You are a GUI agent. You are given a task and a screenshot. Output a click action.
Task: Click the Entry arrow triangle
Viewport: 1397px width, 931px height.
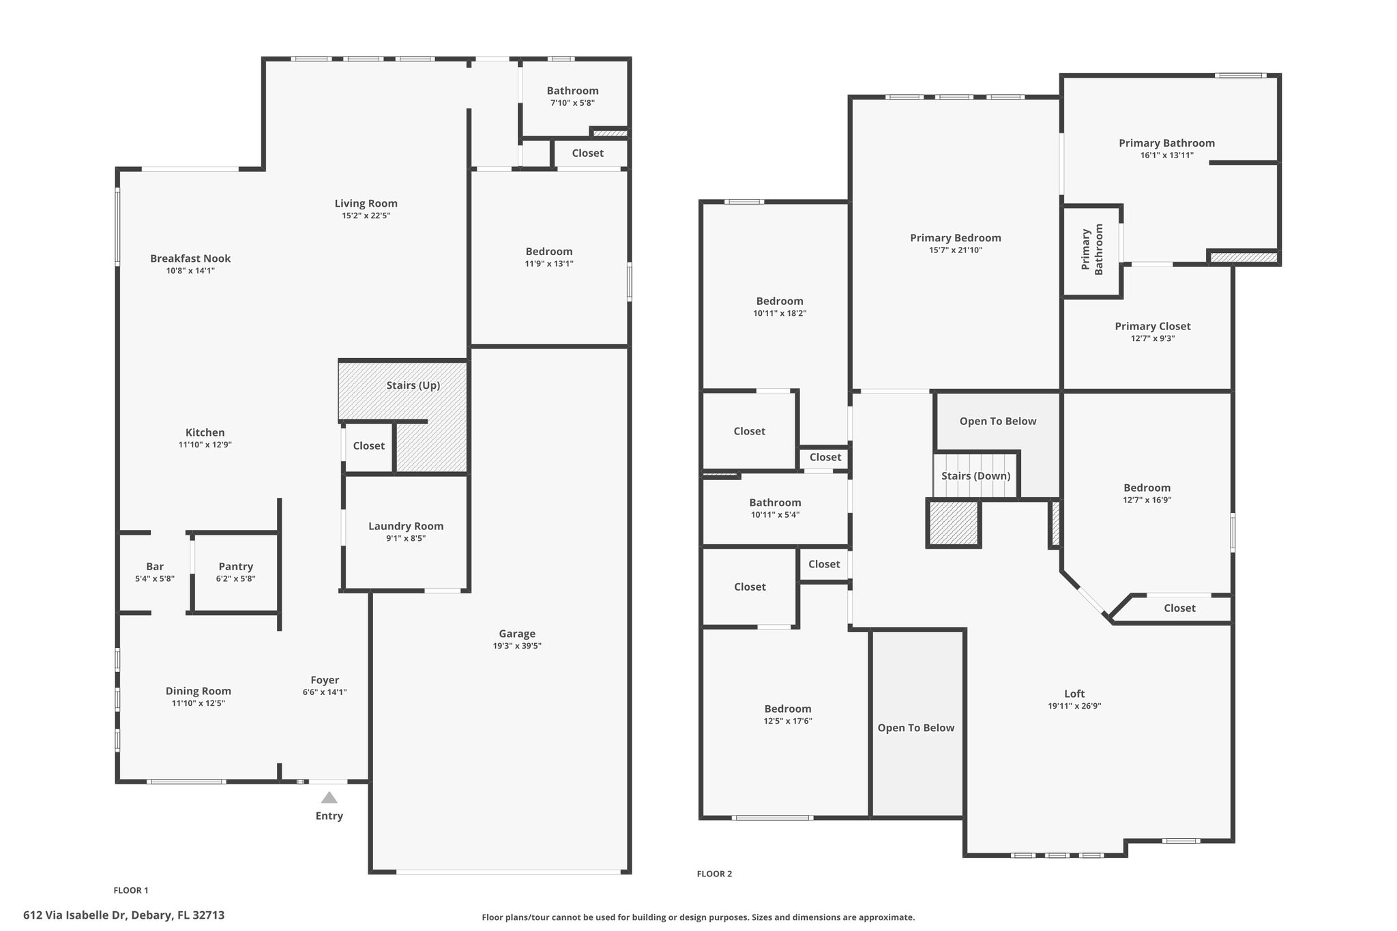[329, 797]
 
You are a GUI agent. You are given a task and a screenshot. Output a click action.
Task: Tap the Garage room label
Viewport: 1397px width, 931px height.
[517, 634]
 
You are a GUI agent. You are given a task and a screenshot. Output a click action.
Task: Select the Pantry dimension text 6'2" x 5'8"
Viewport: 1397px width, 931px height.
[236, 579]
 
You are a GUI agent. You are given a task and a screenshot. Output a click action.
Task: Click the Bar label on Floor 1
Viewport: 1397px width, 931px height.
[155, 566]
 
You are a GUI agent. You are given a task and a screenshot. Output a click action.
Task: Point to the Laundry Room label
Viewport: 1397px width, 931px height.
[406, 526]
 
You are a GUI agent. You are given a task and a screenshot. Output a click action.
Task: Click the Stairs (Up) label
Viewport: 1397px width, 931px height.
[413, 385]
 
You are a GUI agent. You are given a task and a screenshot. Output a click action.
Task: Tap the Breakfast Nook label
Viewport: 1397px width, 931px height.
[190, 258]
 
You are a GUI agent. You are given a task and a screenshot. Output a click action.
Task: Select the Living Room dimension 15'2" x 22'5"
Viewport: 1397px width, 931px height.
[366, 216]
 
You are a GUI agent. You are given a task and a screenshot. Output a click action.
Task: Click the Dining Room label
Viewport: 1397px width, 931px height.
[198, 691]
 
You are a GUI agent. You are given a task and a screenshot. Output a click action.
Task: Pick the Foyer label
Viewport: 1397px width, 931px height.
[325, 680]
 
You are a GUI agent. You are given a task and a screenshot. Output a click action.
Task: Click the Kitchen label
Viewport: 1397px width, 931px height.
[205, 432]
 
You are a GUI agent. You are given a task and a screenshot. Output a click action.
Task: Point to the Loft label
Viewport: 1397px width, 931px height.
[1074, 694]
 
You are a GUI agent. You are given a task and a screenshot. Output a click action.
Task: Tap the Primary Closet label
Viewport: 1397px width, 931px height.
[1153, 326]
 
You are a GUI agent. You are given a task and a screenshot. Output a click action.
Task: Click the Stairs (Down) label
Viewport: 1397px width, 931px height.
[976, 475]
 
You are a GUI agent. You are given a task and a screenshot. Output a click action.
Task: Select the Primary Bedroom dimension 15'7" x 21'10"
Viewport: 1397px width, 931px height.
[956, 250]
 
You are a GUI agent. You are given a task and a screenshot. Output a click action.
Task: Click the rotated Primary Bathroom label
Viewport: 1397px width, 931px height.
[1093, 250]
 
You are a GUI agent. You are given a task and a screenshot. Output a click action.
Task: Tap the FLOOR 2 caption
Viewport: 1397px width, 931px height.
[714, 874]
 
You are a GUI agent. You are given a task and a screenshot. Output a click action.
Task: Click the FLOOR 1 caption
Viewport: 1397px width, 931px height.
[131, 890]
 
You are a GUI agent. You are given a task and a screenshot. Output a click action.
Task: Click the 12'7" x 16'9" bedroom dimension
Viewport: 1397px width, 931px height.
[1147, 500]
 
